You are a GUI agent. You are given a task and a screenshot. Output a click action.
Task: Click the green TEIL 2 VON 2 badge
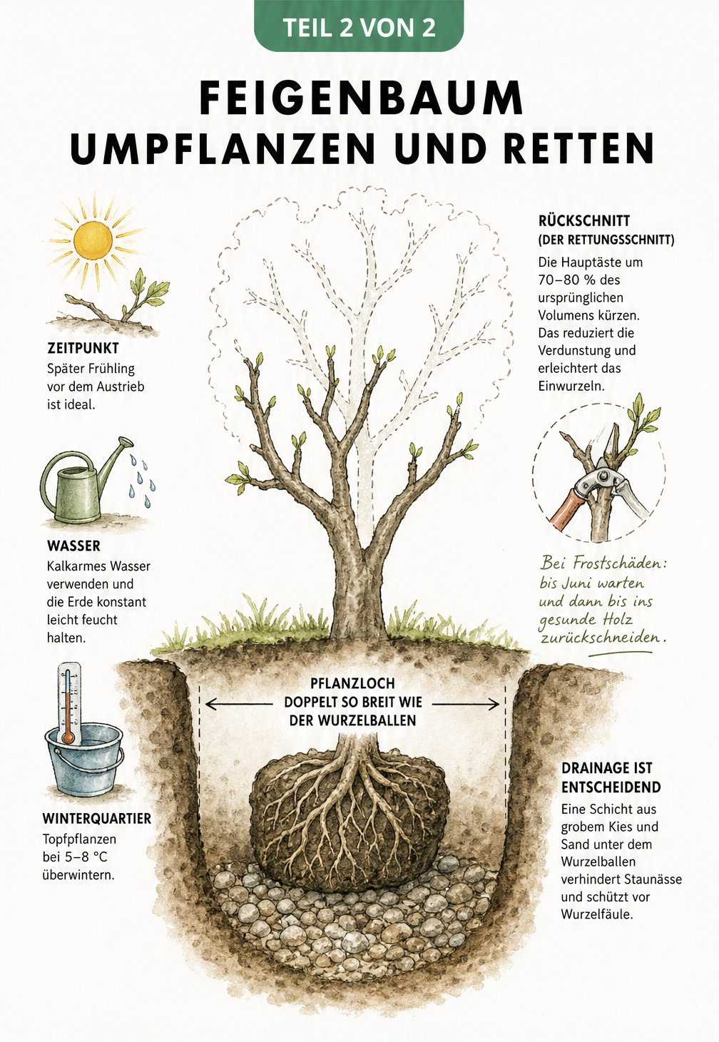tap(359, 26)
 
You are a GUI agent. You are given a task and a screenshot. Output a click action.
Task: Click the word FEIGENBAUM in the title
tap(362, 98)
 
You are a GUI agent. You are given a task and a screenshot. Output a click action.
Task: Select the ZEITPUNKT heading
tap(83, 348)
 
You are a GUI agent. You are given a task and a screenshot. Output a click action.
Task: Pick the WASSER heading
tap(73, 546)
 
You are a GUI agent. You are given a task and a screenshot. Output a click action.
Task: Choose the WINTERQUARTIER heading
tap(97, 818)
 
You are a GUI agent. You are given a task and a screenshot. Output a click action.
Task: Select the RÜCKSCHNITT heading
tap(584, 220)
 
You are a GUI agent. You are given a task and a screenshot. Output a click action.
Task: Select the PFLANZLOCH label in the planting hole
tap(352, 683)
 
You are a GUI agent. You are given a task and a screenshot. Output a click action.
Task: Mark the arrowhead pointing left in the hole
tap(212, 704)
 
